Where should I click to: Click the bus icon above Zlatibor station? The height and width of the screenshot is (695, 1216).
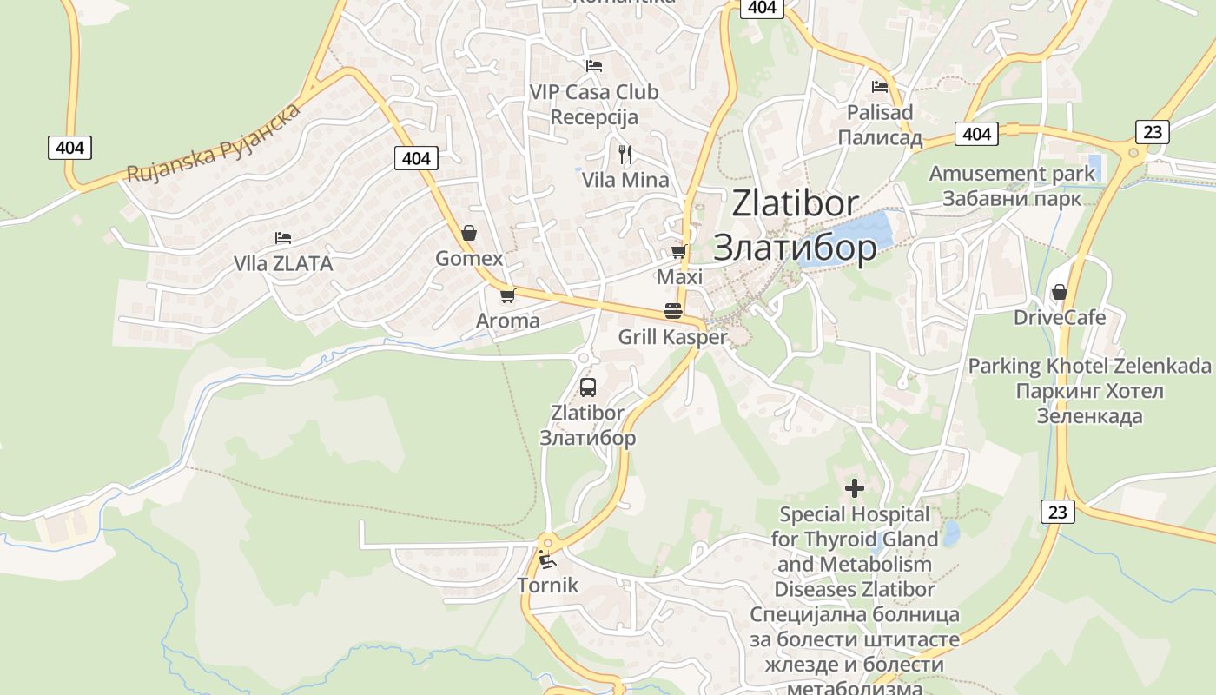pyautogui.click(x=588, y=387)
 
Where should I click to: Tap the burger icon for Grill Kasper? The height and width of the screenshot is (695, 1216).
pyautogui.click(x=672, y=310)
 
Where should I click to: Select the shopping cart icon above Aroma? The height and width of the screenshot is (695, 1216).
pyautogui.click(x=508, y=295)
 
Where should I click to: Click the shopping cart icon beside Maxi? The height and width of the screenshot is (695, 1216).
pyautogui.click(x=678, y=252)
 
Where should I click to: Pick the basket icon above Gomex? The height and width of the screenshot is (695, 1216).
pyautogui.click(x=469, y=233)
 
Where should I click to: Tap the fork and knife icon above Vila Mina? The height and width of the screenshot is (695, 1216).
pyautogui.click(x=625, y=155)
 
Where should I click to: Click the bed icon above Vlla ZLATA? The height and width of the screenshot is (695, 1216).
pyautogui.click(x=282, y=237)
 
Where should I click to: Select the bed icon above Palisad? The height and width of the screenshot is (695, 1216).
pyautogui.click(x=880, y=87)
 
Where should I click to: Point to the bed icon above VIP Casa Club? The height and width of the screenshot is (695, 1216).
pyautogui.click(x=594, y=66)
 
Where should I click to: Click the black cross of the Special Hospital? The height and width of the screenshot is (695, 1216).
pyautogui.click(x=855, y=488)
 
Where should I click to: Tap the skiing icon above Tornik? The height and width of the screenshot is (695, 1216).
pyautogui.click(x=546, y=559)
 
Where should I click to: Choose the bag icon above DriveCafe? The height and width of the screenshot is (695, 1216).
pyautogui.click(x=1059, y=292)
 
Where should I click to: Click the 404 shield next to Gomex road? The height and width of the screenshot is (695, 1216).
pyautogui.click(x=416, y=158)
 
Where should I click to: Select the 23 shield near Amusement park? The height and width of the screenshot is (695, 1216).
pyautogui.click(x=1152, y=132)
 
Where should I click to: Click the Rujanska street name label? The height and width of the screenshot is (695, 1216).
pyautogui.click(x=214, y=142)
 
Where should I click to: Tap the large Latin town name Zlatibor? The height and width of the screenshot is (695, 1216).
pyautogui.click(x=795, y=204)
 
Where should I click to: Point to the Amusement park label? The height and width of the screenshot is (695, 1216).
pyautogui.click(x=1012, y=174)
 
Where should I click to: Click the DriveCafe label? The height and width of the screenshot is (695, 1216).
pyautogui.click(x=1060, y=317)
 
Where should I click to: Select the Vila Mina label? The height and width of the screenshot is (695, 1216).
pyautogui.click(x=625, y=180)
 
